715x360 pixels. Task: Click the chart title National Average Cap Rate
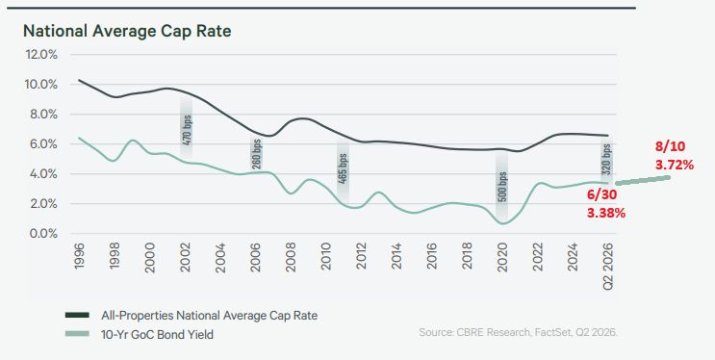tap(127, 31)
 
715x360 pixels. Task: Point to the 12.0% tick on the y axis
tap(41, 55)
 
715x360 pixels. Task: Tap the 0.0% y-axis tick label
tap(41, 234)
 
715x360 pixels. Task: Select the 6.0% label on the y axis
tap(41, 144)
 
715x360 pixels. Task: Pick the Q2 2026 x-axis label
tap(608, 266)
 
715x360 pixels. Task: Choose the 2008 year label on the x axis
tap(291, 257)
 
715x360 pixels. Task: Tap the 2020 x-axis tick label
tap(502, 257)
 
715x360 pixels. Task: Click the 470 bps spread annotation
tap(187, 130)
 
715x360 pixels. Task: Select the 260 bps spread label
tap(256, 153)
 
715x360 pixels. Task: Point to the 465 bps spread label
tap(343, 168)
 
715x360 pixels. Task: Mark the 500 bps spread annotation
tap(502, 187)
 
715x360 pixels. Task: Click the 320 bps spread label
tap(606, 160)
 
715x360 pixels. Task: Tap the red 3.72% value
tap(675, 165)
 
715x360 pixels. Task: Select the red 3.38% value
tap(606, 213)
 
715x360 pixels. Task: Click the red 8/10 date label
tap(671, 146)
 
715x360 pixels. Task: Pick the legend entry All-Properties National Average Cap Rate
tap(192, 316)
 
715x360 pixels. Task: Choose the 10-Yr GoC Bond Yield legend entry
tap(140, 334)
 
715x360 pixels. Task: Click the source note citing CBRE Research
tap(518, 333)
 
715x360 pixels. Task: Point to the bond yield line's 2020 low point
tap(503, 223)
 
